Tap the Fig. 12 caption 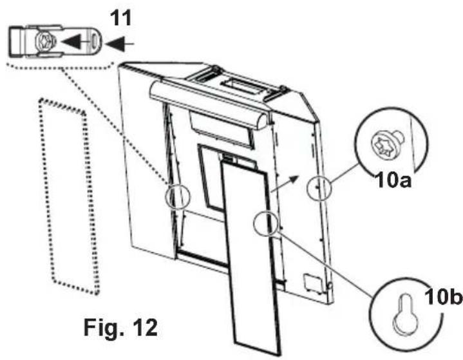coord(120,327)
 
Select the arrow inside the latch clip coord(71,43)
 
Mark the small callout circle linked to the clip coord(177,196)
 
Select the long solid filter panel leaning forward coord(250,258)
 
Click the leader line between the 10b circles coord(322,258)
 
